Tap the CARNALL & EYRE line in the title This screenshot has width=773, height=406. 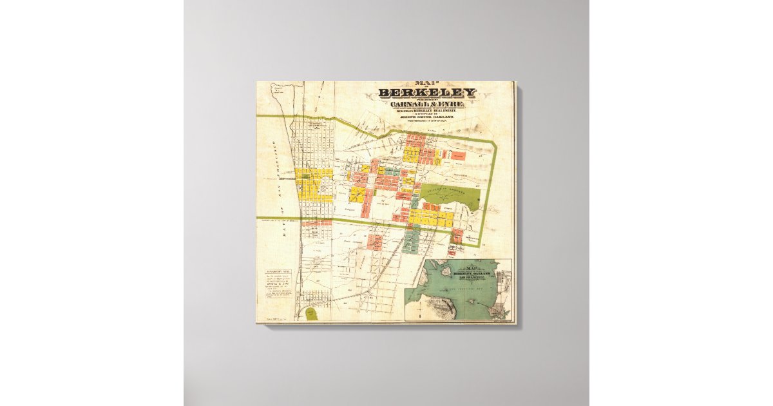tap(427, 104)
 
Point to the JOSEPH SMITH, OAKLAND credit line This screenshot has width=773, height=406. tap(427, 117)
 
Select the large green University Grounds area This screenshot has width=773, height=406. tap(451, 195)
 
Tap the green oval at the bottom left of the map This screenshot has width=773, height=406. tap(312, 314)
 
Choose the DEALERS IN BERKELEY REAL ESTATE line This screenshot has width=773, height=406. tap(427, 111)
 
